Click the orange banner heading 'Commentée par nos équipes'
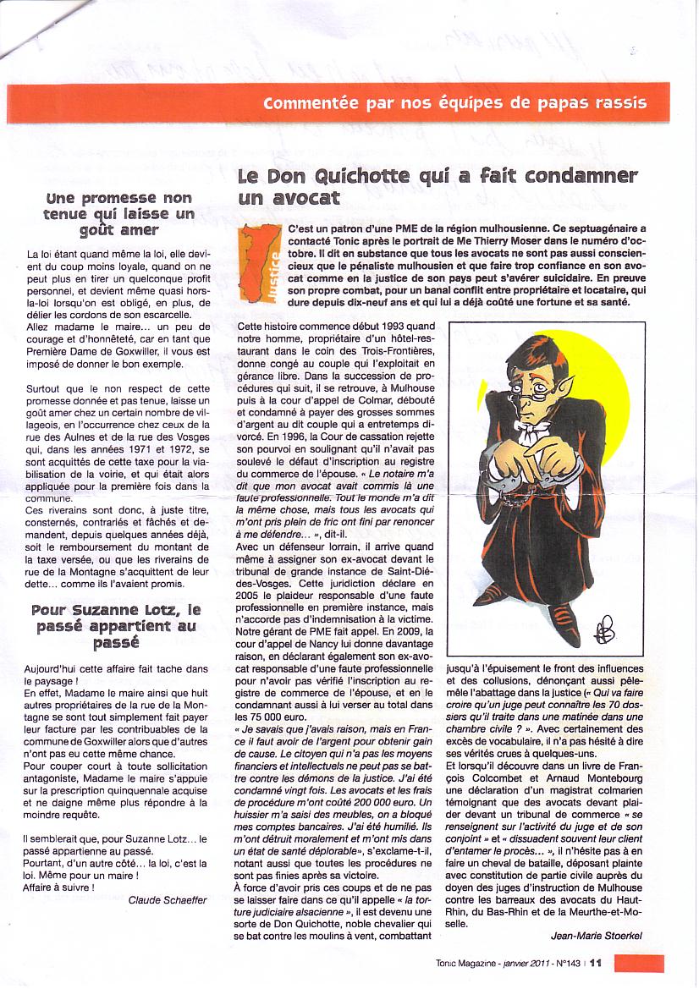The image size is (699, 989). coord(454,104)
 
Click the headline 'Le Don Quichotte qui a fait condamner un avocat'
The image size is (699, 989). coord(436,187)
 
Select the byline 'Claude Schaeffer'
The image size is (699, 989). coord(167,900)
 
